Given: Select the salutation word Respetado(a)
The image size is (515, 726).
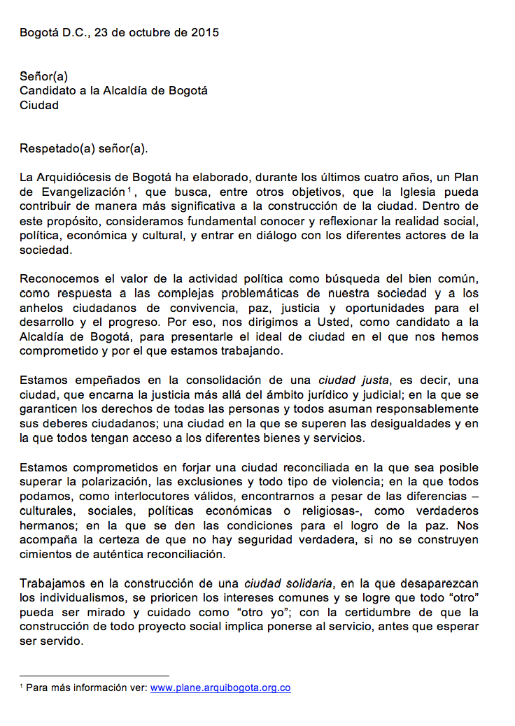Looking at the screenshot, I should (x=53, y=148).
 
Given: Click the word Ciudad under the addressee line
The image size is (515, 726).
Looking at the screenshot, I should (x=39, y=106).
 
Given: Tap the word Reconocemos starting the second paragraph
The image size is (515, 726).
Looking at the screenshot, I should (x=59, y=278).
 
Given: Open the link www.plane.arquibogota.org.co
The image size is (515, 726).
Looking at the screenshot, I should (x=220, y=688).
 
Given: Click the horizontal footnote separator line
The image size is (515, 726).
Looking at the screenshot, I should (x=94, y=676).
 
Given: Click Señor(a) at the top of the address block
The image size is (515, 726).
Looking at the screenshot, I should (x=43, y=76).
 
